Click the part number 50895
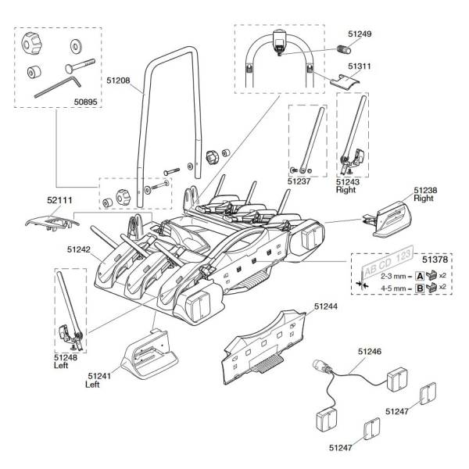pyautogui.click(x=85, y=102)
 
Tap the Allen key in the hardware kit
pyautogui.click(x=58, y=87)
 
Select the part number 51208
pyautogui.click(x=118, y=81)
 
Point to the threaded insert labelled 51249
pyautogui.click(x=344, y=49)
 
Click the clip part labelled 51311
pyautogui.click(x=345, y=81)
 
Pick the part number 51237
pyautogui.click(x=299, y=181)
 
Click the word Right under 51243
pyautogui.click(x=345, y=190)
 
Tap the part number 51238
pyautogui.click(x=425, y=190)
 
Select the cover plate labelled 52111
pyautogui.click(x=52, y=223)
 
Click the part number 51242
pyautogui.click(x=79, y=249)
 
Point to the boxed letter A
pyautogui.click(x=421, y=276)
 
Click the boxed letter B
pyautogui.click(x=421, y=288)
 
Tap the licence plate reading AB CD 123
pyautogui.click(x=388, y=263)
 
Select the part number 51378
pyautogui.click(x=435, y=260)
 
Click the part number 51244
pyautogui.click(x=325, y=306)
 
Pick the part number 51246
pyautogui.click(x=370, y=351)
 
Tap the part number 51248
pyautogui.click(x=66, y=357)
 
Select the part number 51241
pyautogui.click(x=99, y=376)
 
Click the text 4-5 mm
pyautogui.click(x=394, y=288)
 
